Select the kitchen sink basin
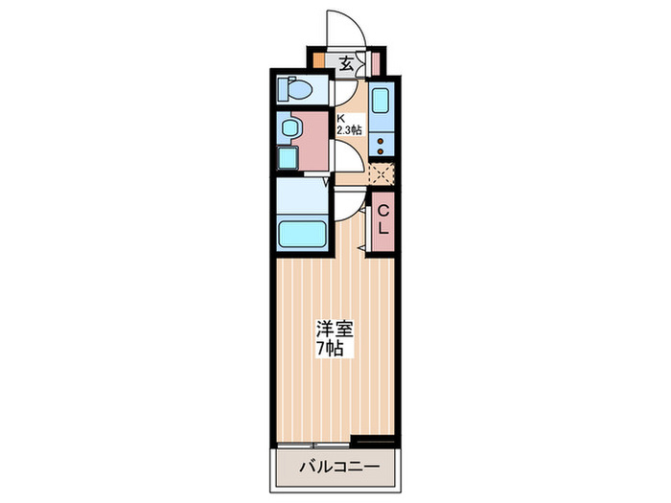pyautogui.click(x=379, y=102)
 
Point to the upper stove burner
pyautogui.click(x=382, y=140)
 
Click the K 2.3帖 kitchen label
pyautogui.click(x=347, y=125)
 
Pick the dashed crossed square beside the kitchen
pyautogui.click(x=382, y=173)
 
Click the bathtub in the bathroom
pyautogui.click(x=301, y=233)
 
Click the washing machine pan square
pyautogui.click(x=288, y=158)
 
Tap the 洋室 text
pyautogui.click(x=335, y=329)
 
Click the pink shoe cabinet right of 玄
pyautogui.click(x=375, y=64)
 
